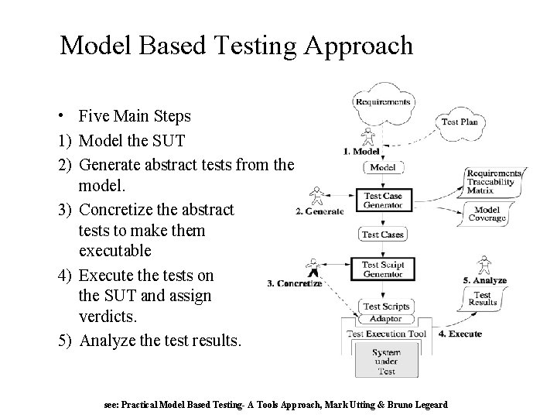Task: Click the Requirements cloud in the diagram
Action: click(x=383, y=102)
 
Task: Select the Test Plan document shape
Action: click(x=459, y=122)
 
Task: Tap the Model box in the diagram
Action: click(x=383, y=167)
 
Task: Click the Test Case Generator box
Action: click(x=383, y=200)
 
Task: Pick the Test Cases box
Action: click(x=383, y=235)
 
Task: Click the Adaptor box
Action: click(x=385, y=319)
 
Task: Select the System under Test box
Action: click(x=386, y=361)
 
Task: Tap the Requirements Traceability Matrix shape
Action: click(x=493, y=180)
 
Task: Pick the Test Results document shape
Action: click(x=482, y=298)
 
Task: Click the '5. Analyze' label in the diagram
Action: click(x=484, y=280)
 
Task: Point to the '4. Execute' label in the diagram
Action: click(x=460, y=334)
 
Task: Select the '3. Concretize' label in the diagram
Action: click(x=294, y=284)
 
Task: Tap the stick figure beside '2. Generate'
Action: click(x=315, y=197)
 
